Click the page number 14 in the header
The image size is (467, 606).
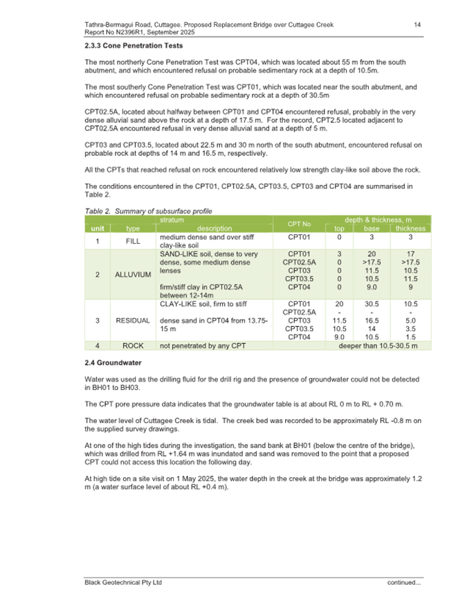coord(417,25)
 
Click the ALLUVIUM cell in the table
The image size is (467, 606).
coord(133,274)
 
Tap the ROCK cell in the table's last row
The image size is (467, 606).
coord(133,345)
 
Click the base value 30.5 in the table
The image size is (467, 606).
coord(372,303)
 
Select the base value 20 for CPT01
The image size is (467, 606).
coord(372,254)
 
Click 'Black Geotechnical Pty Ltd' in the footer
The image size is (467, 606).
coord(122,582)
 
